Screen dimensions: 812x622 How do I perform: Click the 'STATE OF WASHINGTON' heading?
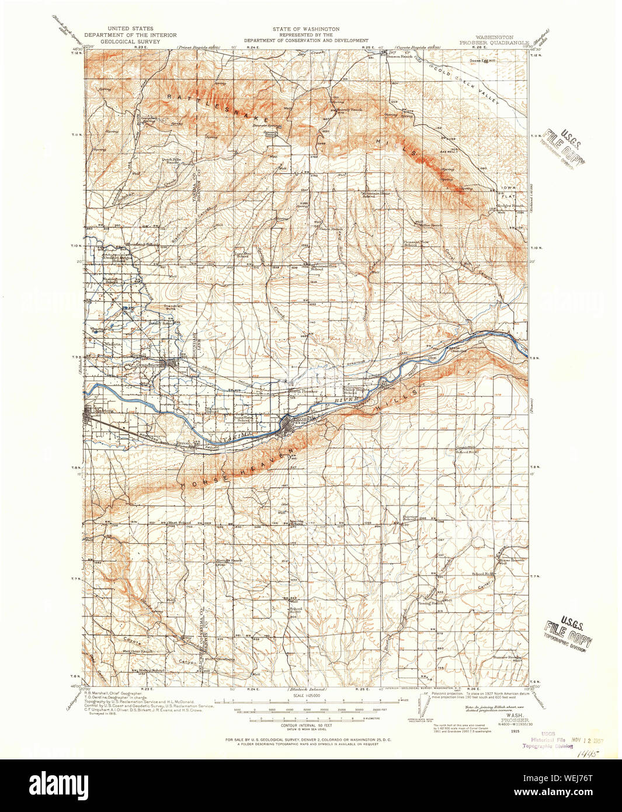tap(305, 29)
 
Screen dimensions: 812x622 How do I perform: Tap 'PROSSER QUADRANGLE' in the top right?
tap(494, 43)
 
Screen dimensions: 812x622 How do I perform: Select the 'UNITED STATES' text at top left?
tap(130, 29)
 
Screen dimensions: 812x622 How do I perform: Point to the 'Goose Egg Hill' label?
tap(482, 59)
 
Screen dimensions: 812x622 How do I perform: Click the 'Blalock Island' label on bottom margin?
tap(305, 689)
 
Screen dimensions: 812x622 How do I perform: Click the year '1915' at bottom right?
tap(514, 730)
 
